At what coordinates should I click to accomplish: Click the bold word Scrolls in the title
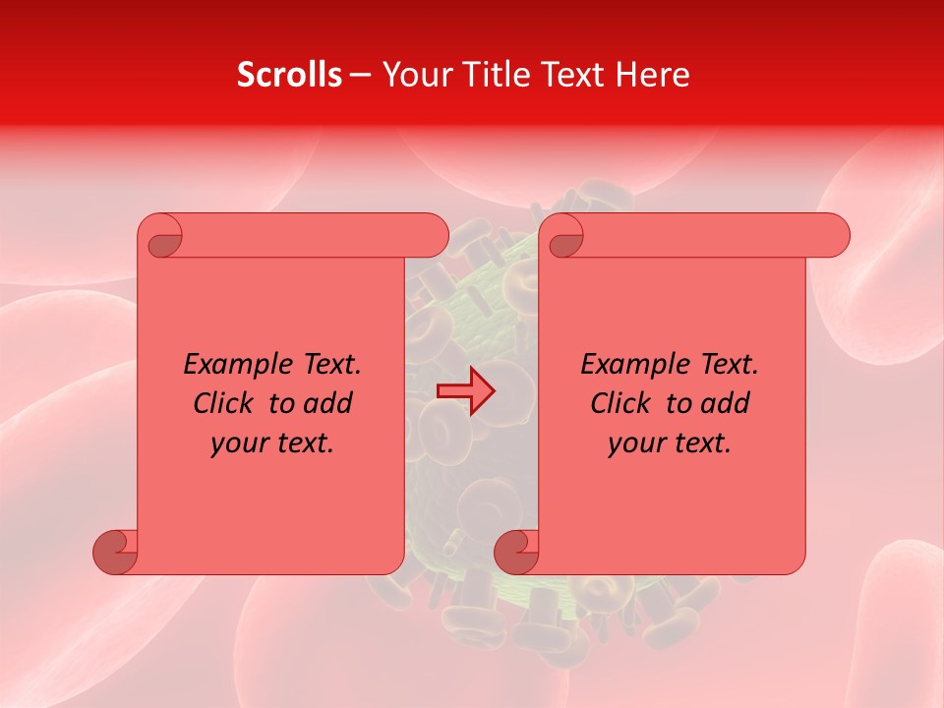pyautogui.click(x=289, y=75)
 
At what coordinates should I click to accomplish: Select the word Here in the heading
pyautogui.click(x=652, y=75)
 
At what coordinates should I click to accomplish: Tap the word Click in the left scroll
pyautogui.click(x=222, y=403)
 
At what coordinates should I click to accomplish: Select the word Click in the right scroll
pyautogui.click(x=619, y=403)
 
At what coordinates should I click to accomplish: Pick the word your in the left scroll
pyautogui.click(x=239, y=443)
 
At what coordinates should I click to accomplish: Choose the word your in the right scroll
pyautogui.click(x=636, y=443)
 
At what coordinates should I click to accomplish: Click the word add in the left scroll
pyautogui.click(x=329, y=403)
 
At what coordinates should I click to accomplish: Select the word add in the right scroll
pyautogui.click(x=727, y=403)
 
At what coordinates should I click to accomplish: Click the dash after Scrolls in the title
pyautogui.click(x=360, y=75)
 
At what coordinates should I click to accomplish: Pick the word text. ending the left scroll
pyautogui.click(x=302, y=443)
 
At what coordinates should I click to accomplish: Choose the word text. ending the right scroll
pyautogui.click(x=699, y=443)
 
